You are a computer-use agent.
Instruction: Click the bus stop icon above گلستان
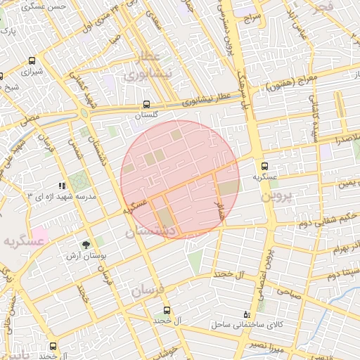(146, 103)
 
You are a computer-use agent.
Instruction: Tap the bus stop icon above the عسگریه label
(264, 167)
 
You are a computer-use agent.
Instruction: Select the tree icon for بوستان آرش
(86, 245)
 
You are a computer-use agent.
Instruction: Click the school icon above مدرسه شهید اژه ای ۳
(62, 186)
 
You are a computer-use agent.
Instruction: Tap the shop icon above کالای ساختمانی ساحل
(245, 314)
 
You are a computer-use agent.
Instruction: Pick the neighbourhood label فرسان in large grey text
(146, 289)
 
